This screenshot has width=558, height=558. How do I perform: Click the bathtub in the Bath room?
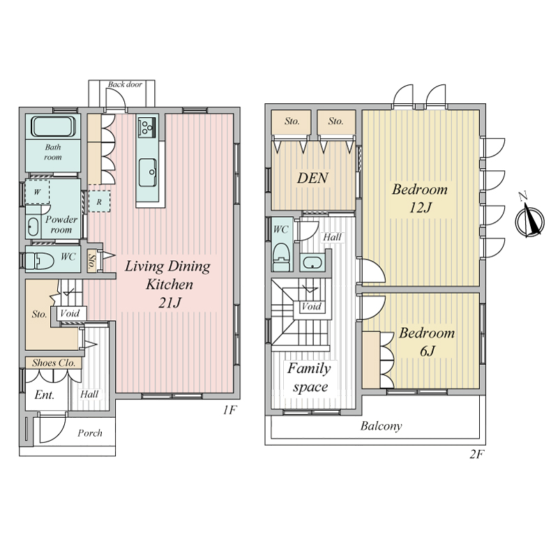[x=54, y=126]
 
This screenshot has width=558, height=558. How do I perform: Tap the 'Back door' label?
[x=125, y=84]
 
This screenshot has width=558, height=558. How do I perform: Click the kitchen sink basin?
[x=147, y=172]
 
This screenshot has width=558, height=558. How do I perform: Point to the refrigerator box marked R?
[x=99, y=202]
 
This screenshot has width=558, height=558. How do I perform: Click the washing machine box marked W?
[x=37, y=192]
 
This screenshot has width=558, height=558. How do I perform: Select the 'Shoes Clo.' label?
[x=54, y=363]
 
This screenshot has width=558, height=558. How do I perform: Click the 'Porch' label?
[x=90, y=433]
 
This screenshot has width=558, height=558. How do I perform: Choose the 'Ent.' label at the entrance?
[x=45, y=395]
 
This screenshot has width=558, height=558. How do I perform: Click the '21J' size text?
[x=169, y=303]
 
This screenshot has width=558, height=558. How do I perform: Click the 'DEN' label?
[x=312, y=178]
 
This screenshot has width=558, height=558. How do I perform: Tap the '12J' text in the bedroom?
[x=421, y=207]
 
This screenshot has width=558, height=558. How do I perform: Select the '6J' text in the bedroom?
[x=428, y=352]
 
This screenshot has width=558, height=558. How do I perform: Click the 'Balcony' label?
[x=381, y=426]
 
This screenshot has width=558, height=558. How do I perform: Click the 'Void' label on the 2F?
[x=311, y=306]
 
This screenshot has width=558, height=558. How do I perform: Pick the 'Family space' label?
[x=309, y=377]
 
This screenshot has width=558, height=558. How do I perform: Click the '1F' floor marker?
[x=229, y=410]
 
